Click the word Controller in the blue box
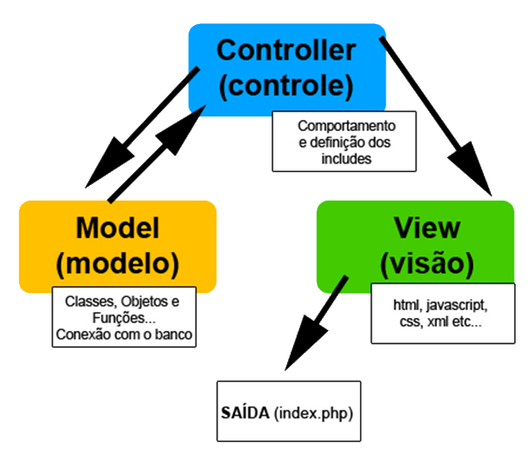(285, 50)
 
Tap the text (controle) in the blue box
(285, 85)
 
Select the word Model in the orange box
(118, 228)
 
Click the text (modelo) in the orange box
(118, 263)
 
